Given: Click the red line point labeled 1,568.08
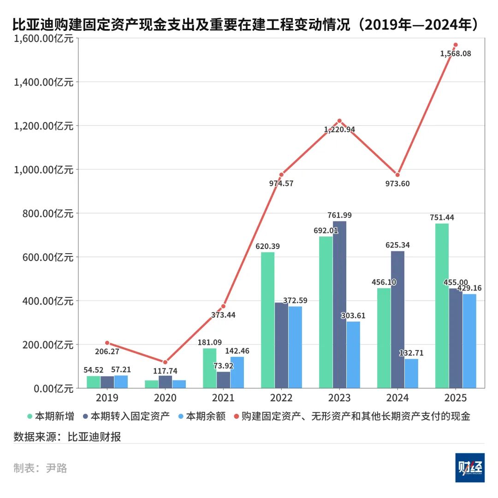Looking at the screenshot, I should [455, 45].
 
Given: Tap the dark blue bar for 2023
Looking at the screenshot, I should [339, 304].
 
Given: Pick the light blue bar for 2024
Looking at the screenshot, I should [411, 373].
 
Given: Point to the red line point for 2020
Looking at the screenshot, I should [165, 362].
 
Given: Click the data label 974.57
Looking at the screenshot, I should [281, 183].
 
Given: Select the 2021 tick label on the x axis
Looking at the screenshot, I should [223, 398].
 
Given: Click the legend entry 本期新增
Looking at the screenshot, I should [51, 416].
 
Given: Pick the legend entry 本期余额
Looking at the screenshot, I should [204, 416].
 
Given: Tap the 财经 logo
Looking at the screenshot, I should [470, 468].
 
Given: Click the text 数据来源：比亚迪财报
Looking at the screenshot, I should [67, 437].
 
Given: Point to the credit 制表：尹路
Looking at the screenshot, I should [41, 468].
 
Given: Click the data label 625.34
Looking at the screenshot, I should [397, 245].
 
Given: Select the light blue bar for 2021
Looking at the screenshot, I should [237, 372].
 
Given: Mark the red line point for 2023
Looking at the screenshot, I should [339, 121].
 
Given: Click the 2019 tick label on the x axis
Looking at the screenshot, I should [107, 398].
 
